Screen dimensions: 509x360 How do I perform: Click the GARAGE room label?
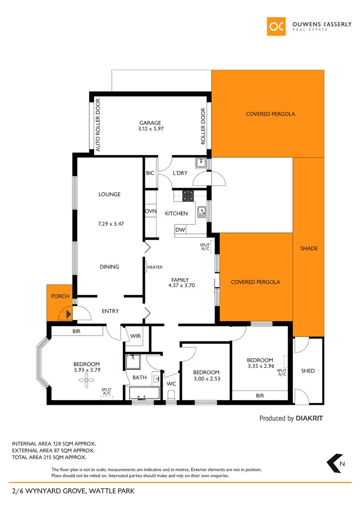[150, 122]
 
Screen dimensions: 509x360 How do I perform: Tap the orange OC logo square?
[276, 26]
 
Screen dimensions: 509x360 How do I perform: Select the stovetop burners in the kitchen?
[188, 195]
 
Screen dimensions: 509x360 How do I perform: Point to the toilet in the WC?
[171, 395]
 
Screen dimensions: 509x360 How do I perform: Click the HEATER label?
[155, 267]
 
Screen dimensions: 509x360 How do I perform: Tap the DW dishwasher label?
[180, 230]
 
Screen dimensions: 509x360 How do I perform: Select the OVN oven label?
[150, 211]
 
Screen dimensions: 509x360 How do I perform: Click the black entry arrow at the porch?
[69, 315]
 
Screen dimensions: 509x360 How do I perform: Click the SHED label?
[308, 371]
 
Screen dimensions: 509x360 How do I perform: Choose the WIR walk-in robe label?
[136, 336]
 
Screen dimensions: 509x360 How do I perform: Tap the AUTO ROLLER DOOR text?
[98, 126]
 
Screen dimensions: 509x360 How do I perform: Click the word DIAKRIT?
[309, 418]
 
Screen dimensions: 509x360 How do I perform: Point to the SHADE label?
[309, 248]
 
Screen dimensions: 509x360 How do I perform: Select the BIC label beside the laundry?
[150, 173]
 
